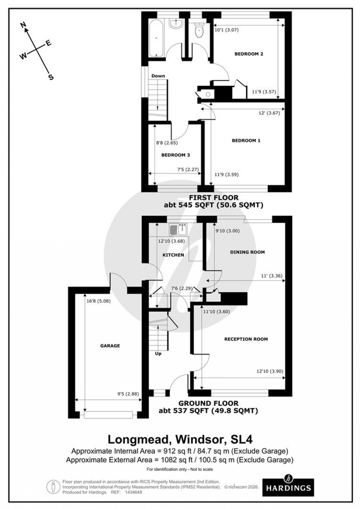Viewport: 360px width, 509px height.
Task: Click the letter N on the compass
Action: (24, 25)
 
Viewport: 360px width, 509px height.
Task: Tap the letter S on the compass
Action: (51, 77)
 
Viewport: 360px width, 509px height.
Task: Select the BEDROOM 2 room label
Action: (249, 54)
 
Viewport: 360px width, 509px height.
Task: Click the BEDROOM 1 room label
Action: (246, 141)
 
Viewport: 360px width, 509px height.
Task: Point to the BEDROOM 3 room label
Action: (176, 155)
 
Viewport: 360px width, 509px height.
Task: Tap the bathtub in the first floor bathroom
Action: (156, 38)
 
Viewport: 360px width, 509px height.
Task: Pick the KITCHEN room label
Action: (173, 255)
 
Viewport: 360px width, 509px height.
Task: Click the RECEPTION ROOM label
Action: (246, 339)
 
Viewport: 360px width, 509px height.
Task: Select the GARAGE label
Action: (110, 346)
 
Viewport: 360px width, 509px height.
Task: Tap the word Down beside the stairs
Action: (158, 76)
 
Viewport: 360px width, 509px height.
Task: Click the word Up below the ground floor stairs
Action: (158, 353)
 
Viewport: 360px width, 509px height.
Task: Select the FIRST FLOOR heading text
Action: (214, 198)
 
